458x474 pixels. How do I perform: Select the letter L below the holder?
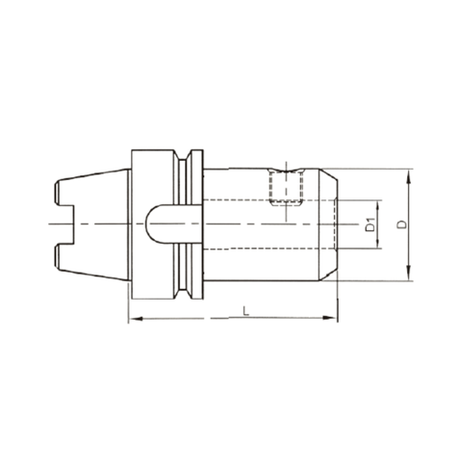tap(248, 309)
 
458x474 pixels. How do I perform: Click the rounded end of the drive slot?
tap(153, 225)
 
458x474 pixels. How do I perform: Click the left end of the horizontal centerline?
tap(47, 225)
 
